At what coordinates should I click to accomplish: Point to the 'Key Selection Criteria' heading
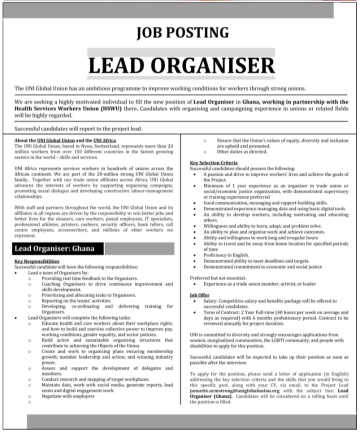(x=213, y=162)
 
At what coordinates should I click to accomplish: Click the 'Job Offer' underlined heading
(x=200, y=295)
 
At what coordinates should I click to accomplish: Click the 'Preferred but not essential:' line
(x=218, y=277)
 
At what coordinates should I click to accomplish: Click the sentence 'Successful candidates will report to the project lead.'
(x=78, y=128)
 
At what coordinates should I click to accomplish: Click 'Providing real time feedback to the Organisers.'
(x=90, y=278)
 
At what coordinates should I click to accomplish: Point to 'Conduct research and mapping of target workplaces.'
(x=95, y=379)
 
